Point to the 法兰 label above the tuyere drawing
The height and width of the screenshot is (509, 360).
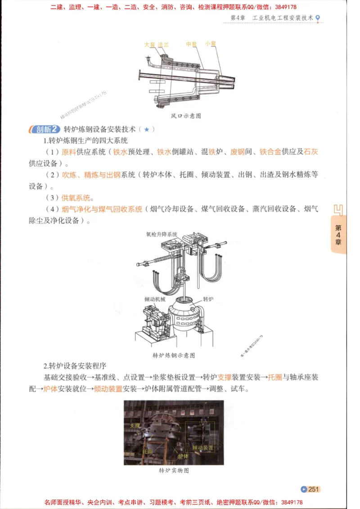[163, 45]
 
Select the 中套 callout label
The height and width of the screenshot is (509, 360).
[191, 44]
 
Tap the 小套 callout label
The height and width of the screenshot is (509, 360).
[210, 44]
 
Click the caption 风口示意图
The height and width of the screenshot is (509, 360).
[186, 116]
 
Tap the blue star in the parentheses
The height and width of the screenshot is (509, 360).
[147, 129]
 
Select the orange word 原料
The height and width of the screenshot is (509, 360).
[68, 152]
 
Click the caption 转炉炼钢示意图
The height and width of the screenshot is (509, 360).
[174, 355]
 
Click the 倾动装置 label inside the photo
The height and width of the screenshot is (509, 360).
[203, 448]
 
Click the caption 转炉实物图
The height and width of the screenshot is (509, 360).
[174, 471]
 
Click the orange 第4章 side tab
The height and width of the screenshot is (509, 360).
[338, 235]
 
